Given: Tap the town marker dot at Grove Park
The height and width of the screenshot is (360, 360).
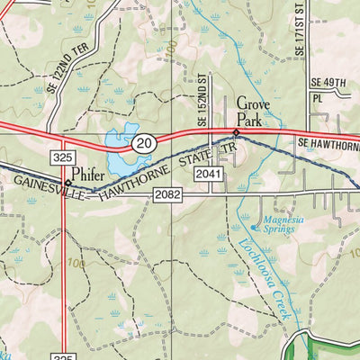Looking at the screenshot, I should pos(236,131).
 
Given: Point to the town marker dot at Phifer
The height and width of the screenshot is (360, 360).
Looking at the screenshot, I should pos(67,182).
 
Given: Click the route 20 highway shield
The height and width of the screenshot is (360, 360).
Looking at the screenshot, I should pos(143,142).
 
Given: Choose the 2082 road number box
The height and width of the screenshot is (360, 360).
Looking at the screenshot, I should pos(167,193).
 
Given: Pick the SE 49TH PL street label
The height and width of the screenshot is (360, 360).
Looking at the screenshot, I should pos(328,90).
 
